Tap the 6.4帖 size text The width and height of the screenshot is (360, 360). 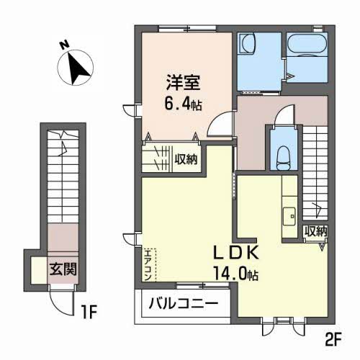tap(181, 104)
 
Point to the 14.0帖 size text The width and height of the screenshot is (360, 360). tap(233, 274)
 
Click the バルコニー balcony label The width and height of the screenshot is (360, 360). tap(183, 305)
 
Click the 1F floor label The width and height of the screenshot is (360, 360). tap(88, 313)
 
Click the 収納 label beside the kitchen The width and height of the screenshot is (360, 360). tap(315, 232)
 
